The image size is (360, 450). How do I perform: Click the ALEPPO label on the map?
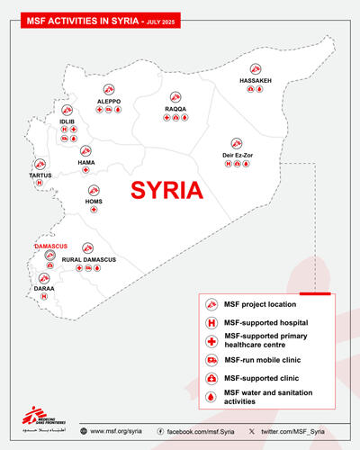click(x=109, y=101)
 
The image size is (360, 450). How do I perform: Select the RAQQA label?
click(x=175, y=109)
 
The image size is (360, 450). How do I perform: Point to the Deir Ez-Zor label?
click(x=236, y=154)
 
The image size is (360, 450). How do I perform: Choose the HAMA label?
click(x=85, y=161)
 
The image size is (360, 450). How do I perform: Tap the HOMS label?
click(x=94, y=201)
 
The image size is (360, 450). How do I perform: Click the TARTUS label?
click(x=39, y=175)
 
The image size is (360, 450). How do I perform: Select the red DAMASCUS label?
click(x=51, y=245)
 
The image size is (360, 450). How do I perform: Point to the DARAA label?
click(x=43, y=290)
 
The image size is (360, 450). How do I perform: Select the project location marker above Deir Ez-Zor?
click(x=236, y=142)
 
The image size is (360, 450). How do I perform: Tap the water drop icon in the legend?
click(x=209, y=397)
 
